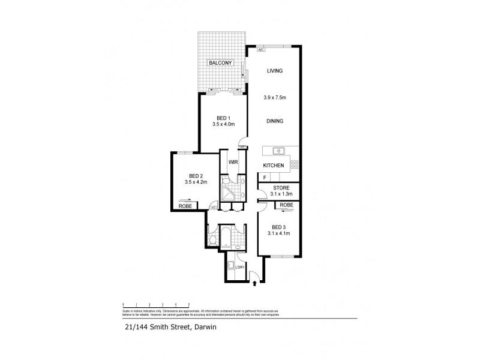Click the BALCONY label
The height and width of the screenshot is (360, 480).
220,62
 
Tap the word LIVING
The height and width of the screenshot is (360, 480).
275,71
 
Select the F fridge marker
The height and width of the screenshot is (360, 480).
264,178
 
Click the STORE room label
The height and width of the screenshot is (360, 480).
281,188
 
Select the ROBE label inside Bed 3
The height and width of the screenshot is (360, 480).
286,205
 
